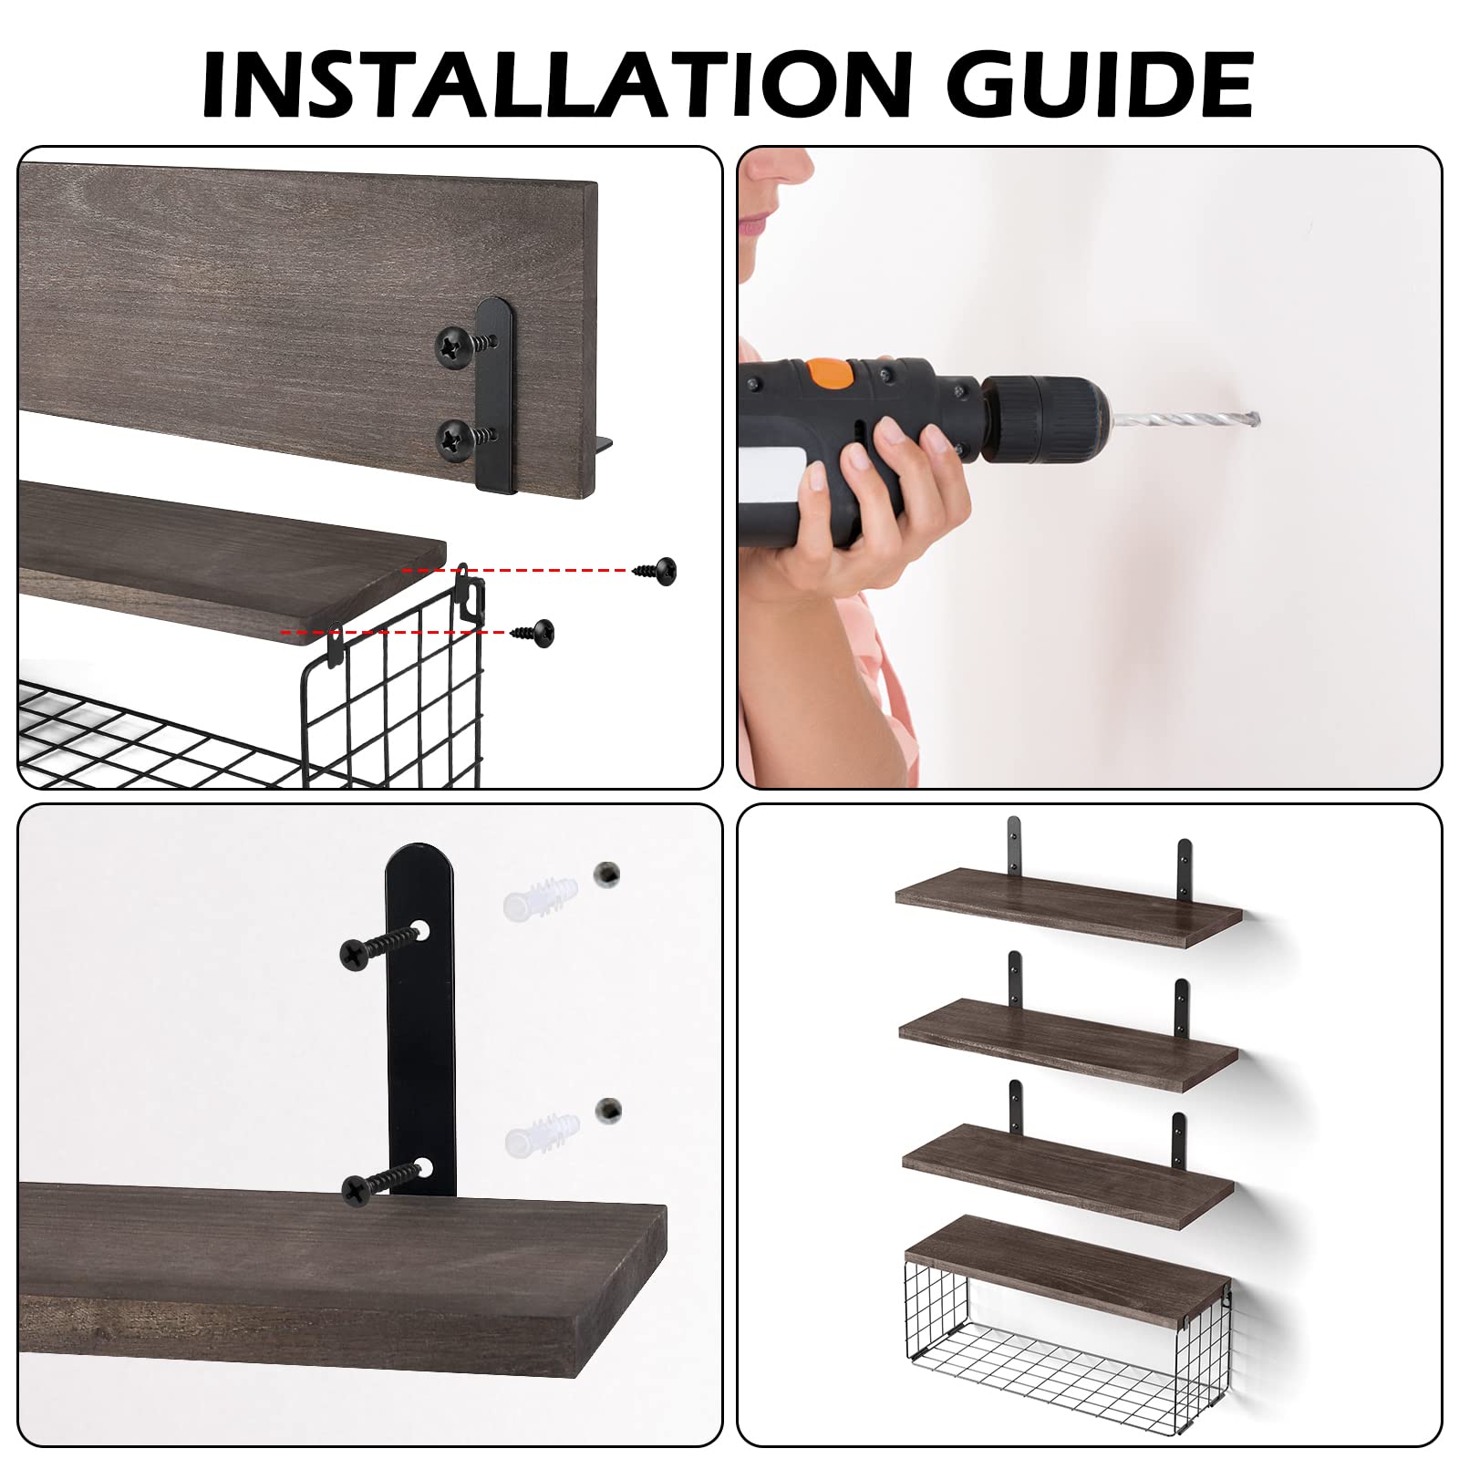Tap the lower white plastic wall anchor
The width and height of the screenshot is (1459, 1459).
click(x=541, y=1132)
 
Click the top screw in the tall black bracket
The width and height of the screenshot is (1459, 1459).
click(x=374, y=946)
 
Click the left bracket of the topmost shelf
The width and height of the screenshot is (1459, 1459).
click(x=1013, y=848)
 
